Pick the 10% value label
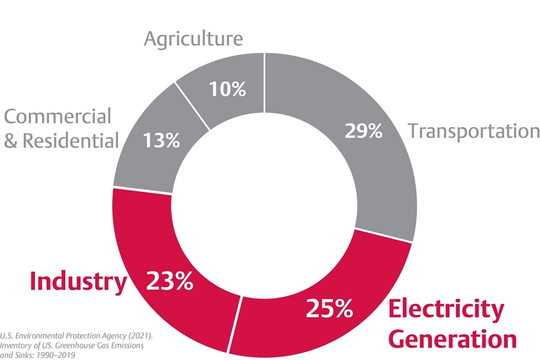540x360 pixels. click(x=227, y=89)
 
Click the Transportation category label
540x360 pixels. click(x=473, y=131)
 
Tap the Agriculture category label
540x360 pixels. click(x=193, y=39)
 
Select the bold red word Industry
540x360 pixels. click(x=78, y=282)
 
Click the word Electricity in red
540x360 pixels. click(x=447, y=309)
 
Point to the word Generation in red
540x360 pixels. click(x=453, y=340)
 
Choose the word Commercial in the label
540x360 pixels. click(x=58, y=116)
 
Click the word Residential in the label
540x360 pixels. click(x=70, y=141)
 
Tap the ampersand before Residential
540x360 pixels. click(x=11, y=141)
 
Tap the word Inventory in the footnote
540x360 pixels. click(x=17, y=345)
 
